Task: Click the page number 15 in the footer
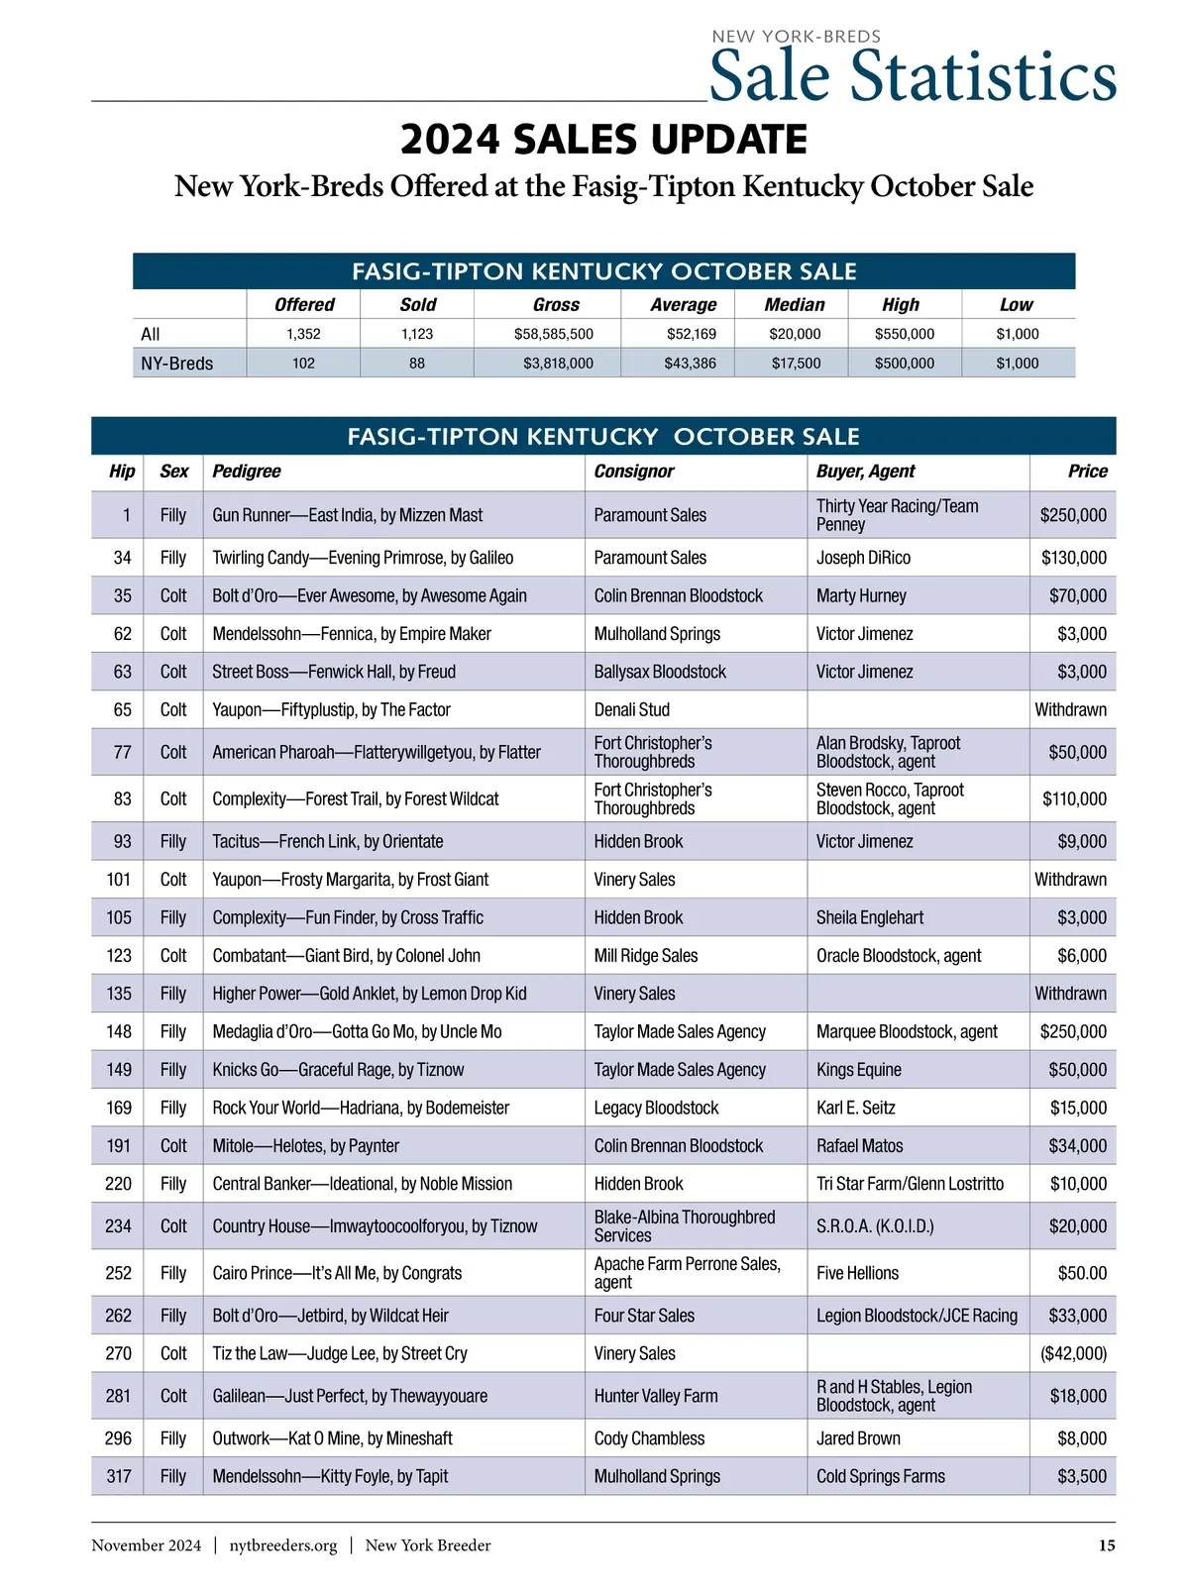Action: click(1107, 1545)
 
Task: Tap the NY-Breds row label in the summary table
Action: click(176, 364)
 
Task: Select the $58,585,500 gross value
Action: click(554, 334)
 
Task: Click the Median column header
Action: click(794, 305)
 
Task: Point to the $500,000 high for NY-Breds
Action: click(904, 364)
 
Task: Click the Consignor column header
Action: click(633, 472)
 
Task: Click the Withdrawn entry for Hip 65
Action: click(1070, 709)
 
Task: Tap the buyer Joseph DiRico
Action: click(863, 558)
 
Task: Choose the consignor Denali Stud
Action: click(631, 709)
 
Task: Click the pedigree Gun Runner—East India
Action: click(347, 515)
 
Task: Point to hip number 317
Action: click(119, 1476)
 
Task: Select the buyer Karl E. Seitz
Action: click(855, 1108)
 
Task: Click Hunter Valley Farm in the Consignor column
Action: click(655, 1396)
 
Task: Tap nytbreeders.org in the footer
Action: click(283, 1545)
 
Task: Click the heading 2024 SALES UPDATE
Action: click(603, 140)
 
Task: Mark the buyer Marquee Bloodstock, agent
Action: click(907, 1031)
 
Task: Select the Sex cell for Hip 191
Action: click(173, 1146)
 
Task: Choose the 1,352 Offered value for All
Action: click(303, 334)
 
